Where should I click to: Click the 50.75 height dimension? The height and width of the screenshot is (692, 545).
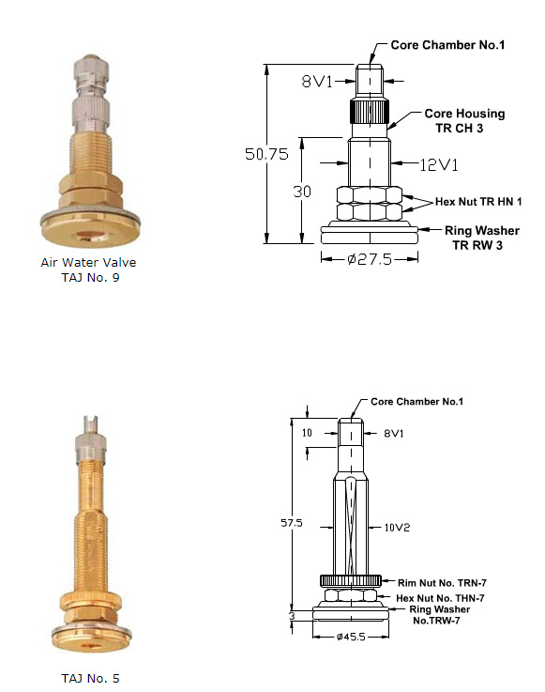(266, 154)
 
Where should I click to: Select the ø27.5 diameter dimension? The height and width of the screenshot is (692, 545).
(370, 258)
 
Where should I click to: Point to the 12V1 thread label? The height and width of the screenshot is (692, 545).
(439, 165)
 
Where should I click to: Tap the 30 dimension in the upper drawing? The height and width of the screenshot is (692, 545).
(302, 192)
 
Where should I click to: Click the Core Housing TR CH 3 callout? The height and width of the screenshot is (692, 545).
(464, 120)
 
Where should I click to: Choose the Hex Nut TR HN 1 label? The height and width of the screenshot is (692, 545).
(478, 202)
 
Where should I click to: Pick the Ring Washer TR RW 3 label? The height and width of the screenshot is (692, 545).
(481, 238)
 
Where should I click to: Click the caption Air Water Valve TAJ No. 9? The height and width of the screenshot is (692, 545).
(88, 269)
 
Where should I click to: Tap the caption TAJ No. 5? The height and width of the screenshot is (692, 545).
(90, 678)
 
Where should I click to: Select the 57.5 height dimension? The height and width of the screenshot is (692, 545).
(292, 523)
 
